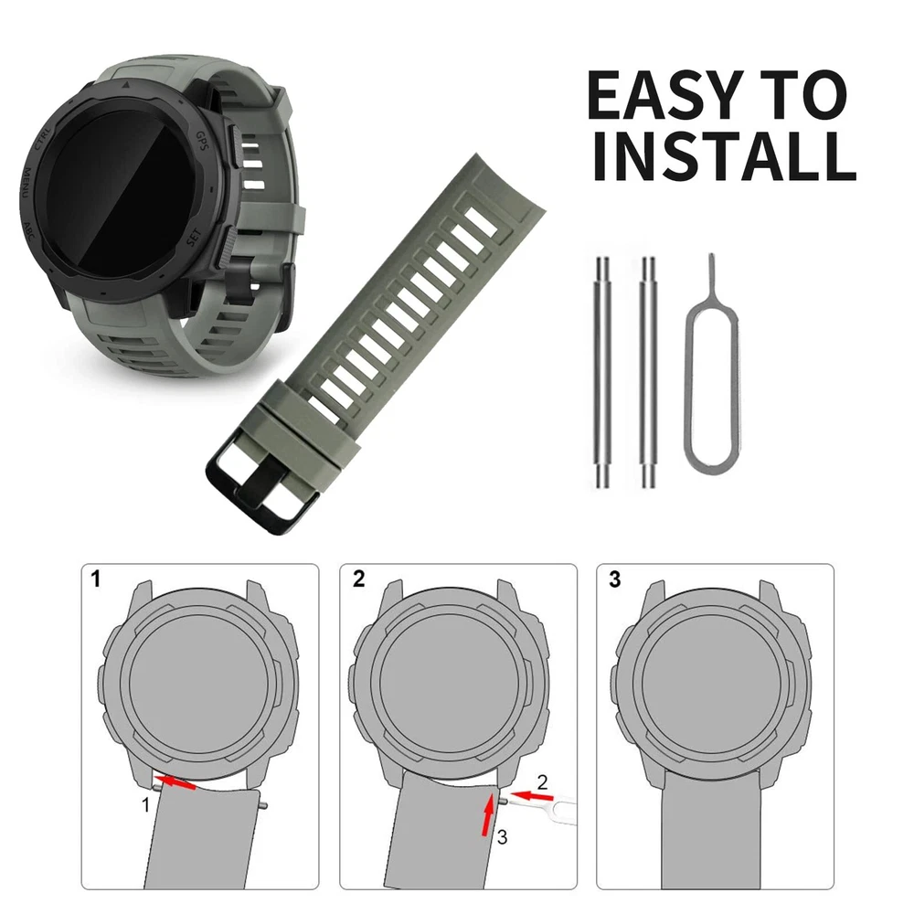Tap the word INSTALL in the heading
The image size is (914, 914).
click(724, 156)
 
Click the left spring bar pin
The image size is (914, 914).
click(602, 372)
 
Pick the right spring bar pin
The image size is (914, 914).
click(648, 372)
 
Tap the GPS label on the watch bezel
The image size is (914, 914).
click(202, 141)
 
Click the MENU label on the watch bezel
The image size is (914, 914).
click(27, 184)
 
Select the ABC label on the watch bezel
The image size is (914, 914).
click(28, 232)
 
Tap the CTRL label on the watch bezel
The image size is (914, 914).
click(43, 138)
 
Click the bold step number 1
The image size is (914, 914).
click(96, 579)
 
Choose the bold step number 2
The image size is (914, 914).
click(358, 579)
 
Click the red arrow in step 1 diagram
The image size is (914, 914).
click(175, 782)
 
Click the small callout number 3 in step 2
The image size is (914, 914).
click(502, 837)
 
